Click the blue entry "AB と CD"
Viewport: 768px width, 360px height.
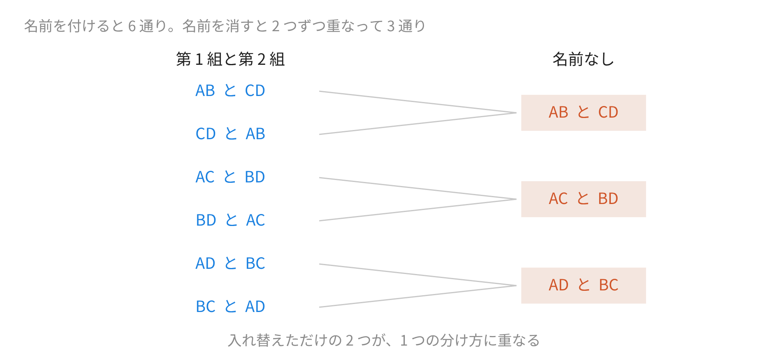(230, 91)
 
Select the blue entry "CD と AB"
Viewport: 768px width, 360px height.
(230, 134)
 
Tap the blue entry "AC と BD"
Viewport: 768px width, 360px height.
(230, 177)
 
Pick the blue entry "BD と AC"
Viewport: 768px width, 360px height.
(230, 220)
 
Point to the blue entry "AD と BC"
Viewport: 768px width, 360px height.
(230, 264)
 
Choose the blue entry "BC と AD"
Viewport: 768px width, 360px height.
(230, 307)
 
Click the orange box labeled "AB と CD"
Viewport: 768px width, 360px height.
(583, 113)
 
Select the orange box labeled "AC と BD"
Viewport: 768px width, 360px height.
(583, 199)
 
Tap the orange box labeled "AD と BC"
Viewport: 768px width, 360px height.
(583, 286)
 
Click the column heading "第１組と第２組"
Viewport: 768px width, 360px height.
(230, 59)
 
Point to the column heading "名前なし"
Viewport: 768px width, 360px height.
(583, 59)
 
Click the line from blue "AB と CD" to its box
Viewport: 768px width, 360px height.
(418, 102)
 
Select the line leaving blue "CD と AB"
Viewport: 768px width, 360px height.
(418, 124)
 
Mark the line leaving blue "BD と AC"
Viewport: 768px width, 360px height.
(418, 210)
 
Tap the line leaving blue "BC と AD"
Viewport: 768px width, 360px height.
(418, 296)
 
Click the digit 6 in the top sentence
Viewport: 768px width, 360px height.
(132, 26)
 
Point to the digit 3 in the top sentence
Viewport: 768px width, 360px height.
(391, 26)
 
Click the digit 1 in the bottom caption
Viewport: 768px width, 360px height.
(404, 340)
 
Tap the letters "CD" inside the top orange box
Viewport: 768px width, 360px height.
(608, 112)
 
